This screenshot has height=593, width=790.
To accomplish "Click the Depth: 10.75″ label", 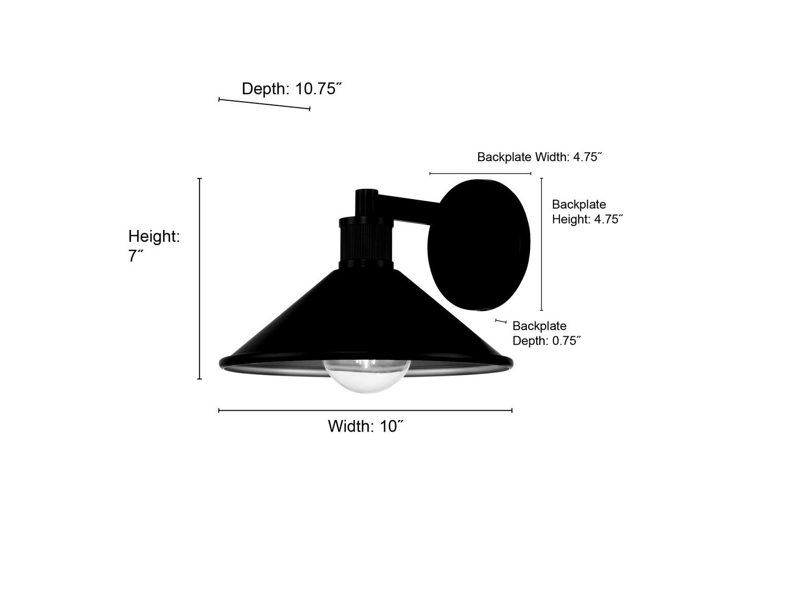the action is point(291,89).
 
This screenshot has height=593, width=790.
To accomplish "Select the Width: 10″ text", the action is point(366,426).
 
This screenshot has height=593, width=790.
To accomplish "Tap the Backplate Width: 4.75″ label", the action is point(539,157).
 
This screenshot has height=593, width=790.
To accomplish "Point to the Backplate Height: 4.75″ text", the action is point(587,212).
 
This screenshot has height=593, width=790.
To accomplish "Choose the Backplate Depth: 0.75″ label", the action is point(547,333).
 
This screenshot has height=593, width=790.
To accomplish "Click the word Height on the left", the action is point(154,237).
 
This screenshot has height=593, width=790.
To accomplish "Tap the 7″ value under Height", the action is point(136,256).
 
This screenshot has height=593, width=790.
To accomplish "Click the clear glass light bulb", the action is point(367,376).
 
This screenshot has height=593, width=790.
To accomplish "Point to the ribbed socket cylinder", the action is point(367,242).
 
